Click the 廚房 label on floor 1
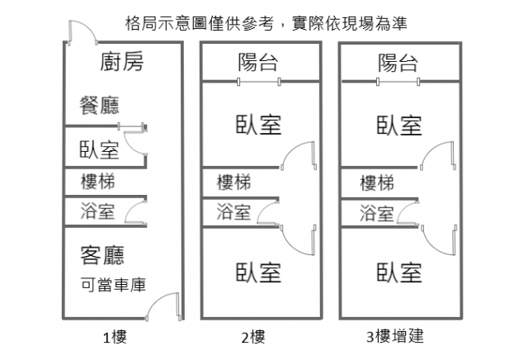pos(121,62)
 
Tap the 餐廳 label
pos(99,105)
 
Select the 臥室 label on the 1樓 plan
pos(99,149)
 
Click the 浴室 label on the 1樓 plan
pos(98,211)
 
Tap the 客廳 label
pos(102,254)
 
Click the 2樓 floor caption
pos(253,337)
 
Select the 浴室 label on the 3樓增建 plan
pos(377,213)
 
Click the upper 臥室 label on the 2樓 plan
pos(259,125)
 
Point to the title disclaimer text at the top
pos(263,21)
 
